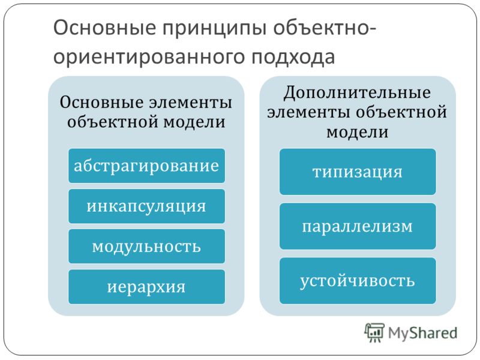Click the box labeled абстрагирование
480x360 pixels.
[146, 166]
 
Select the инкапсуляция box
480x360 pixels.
[146, 206]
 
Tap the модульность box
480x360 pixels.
[146, 247]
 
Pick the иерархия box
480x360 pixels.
[146, 287]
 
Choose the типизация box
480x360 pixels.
[358, 172]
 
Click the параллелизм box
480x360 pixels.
[358, 226]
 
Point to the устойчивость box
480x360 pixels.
[358, 281]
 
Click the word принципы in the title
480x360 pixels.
[214, 28]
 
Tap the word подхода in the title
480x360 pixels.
[293, 57]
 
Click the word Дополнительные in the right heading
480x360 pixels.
[357, 92]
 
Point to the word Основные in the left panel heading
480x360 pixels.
[101, 102]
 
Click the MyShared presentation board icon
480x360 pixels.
[374, 332]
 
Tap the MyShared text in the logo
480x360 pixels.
[422, 333]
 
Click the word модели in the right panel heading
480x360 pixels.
[357, 132]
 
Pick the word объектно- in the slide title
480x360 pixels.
[325, 28]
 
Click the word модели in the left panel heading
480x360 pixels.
[194, 122]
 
